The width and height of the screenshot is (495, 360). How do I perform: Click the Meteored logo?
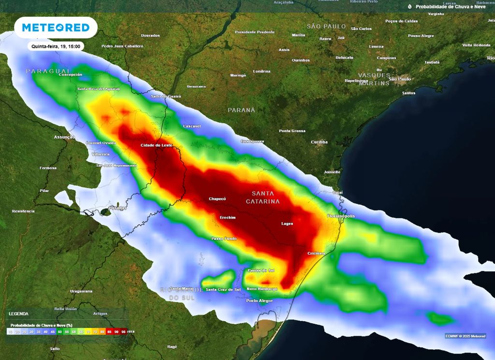56,28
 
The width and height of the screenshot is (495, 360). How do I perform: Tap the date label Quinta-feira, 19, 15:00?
57,46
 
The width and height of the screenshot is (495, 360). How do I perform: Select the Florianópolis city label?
341,216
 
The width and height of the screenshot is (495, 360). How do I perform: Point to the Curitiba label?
319,142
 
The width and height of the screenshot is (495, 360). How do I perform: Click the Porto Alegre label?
259,301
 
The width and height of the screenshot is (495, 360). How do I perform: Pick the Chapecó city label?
217,199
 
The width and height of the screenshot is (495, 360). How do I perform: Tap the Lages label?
287,224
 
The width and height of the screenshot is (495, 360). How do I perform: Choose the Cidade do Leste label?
156,145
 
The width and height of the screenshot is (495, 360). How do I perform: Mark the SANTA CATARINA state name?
263,197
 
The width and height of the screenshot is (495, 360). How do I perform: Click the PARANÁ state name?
241,110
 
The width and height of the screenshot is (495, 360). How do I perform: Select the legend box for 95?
124,331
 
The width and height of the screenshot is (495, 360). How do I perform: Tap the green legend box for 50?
59,331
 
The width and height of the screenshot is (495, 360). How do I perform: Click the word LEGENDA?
19,314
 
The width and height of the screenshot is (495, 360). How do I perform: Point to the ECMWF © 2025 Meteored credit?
466,336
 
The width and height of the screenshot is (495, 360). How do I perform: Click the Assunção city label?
64,137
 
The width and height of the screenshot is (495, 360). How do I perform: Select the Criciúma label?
316,253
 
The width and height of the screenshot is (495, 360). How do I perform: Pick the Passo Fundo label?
224,239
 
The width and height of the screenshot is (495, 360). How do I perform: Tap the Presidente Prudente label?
254,32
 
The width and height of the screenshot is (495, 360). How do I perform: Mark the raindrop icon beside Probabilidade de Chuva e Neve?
410,7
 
